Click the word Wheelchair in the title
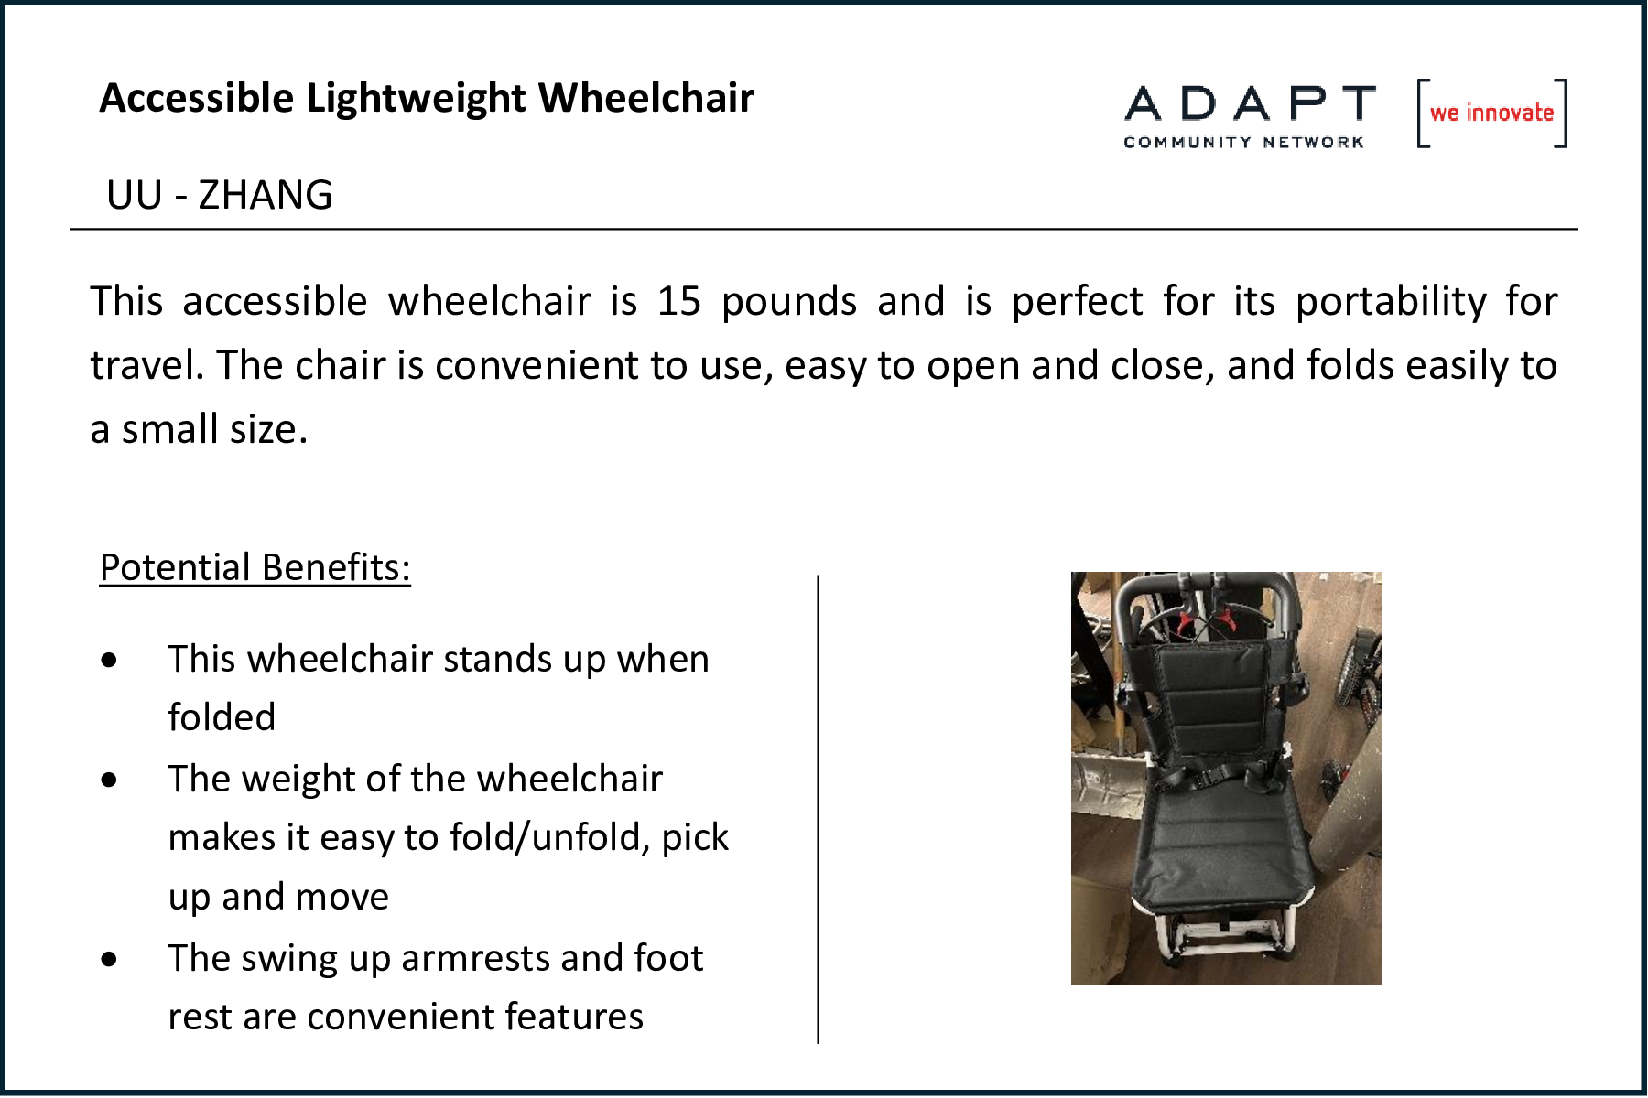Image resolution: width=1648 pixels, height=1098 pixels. [x=646, y=98]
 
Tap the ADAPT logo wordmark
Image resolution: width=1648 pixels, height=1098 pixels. [x=1250, y=103]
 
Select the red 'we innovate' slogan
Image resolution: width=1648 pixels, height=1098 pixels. [x=1491, y=113]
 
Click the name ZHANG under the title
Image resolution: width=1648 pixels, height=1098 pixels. [x=266, y=195]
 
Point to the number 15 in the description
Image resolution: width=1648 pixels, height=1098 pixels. [x=679, y=301]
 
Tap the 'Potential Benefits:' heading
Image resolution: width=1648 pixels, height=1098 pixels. [x=255, y=567]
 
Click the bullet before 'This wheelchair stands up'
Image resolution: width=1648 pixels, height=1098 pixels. [x=110, y=660]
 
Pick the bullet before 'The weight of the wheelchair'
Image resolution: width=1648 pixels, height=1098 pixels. [x=110, y=780]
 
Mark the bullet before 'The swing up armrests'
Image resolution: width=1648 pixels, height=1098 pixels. [x=110, y=959]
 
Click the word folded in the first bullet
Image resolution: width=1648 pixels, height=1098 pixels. [x=222, y=717]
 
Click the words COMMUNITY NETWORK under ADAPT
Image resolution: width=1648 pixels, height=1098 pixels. [x=1243, y=143]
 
